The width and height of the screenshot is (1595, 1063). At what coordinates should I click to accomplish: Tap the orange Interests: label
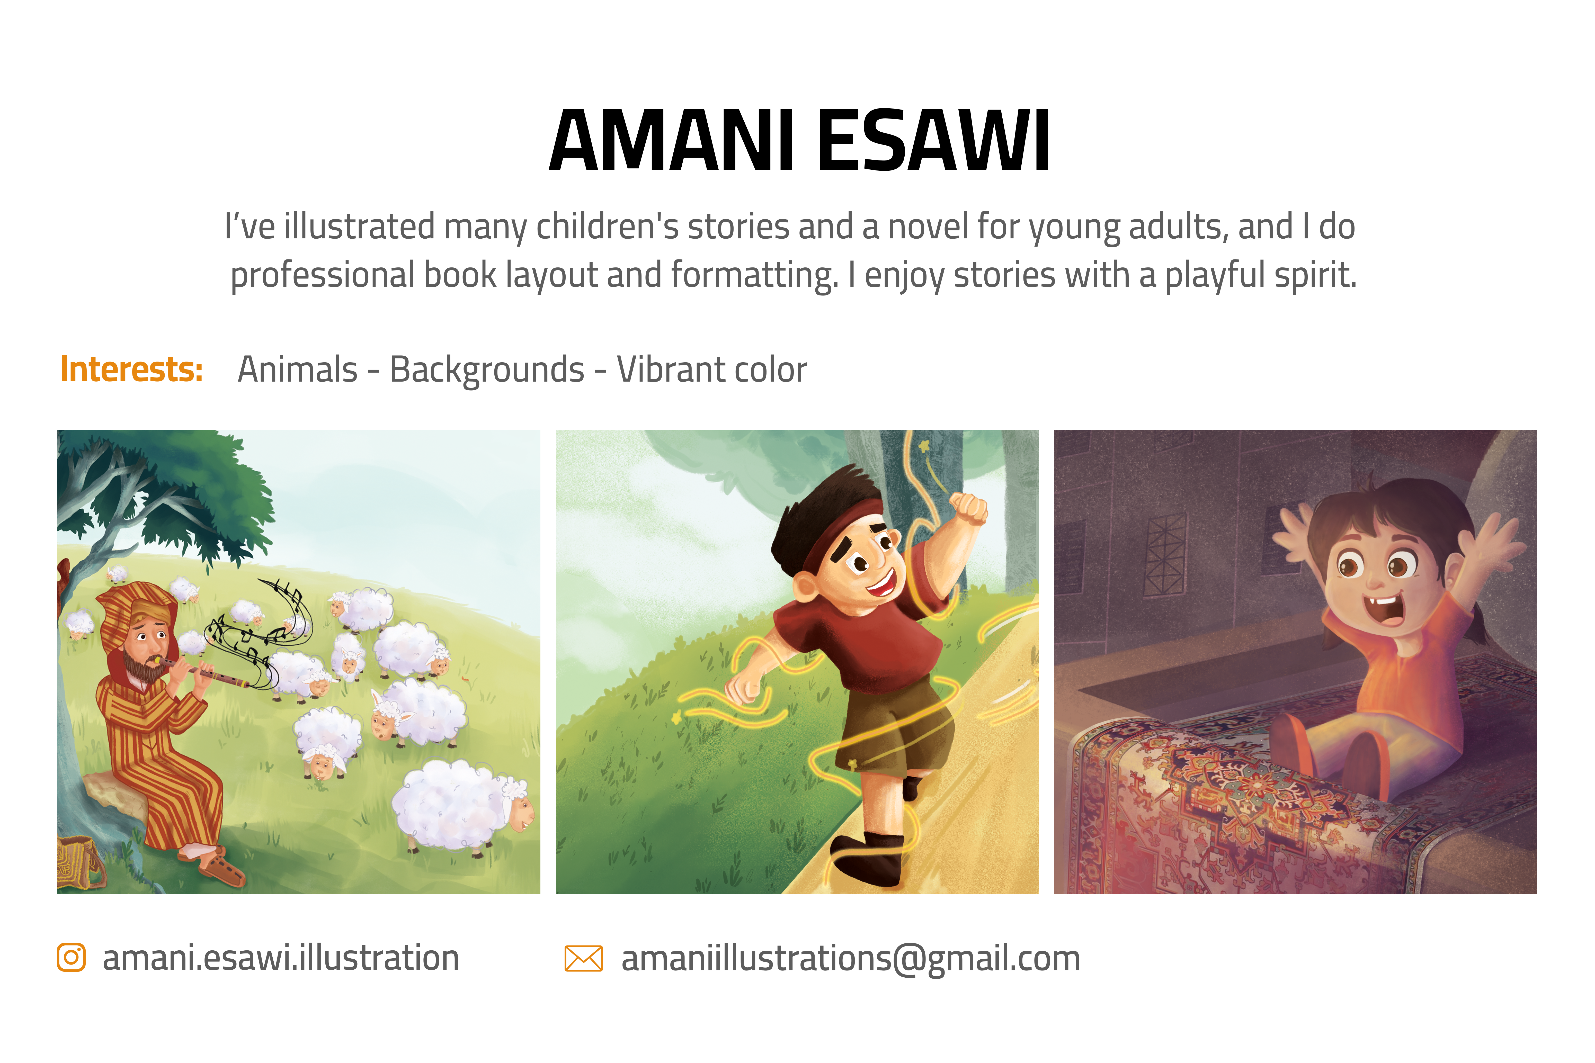(x=131, y=370)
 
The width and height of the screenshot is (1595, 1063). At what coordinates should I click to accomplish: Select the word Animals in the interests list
(x=297, y=370)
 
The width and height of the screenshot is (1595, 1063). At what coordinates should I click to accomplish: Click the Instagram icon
(x=71, y=957)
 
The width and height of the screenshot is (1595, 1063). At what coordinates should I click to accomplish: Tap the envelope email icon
(x=583, y=958)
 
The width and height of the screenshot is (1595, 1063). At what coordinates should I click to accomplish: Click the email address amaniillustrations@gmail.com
(x=850, y=958)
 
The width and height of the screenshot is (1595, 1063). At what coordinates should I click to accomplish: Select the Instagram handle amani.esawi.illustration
(x=281, y=957)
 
